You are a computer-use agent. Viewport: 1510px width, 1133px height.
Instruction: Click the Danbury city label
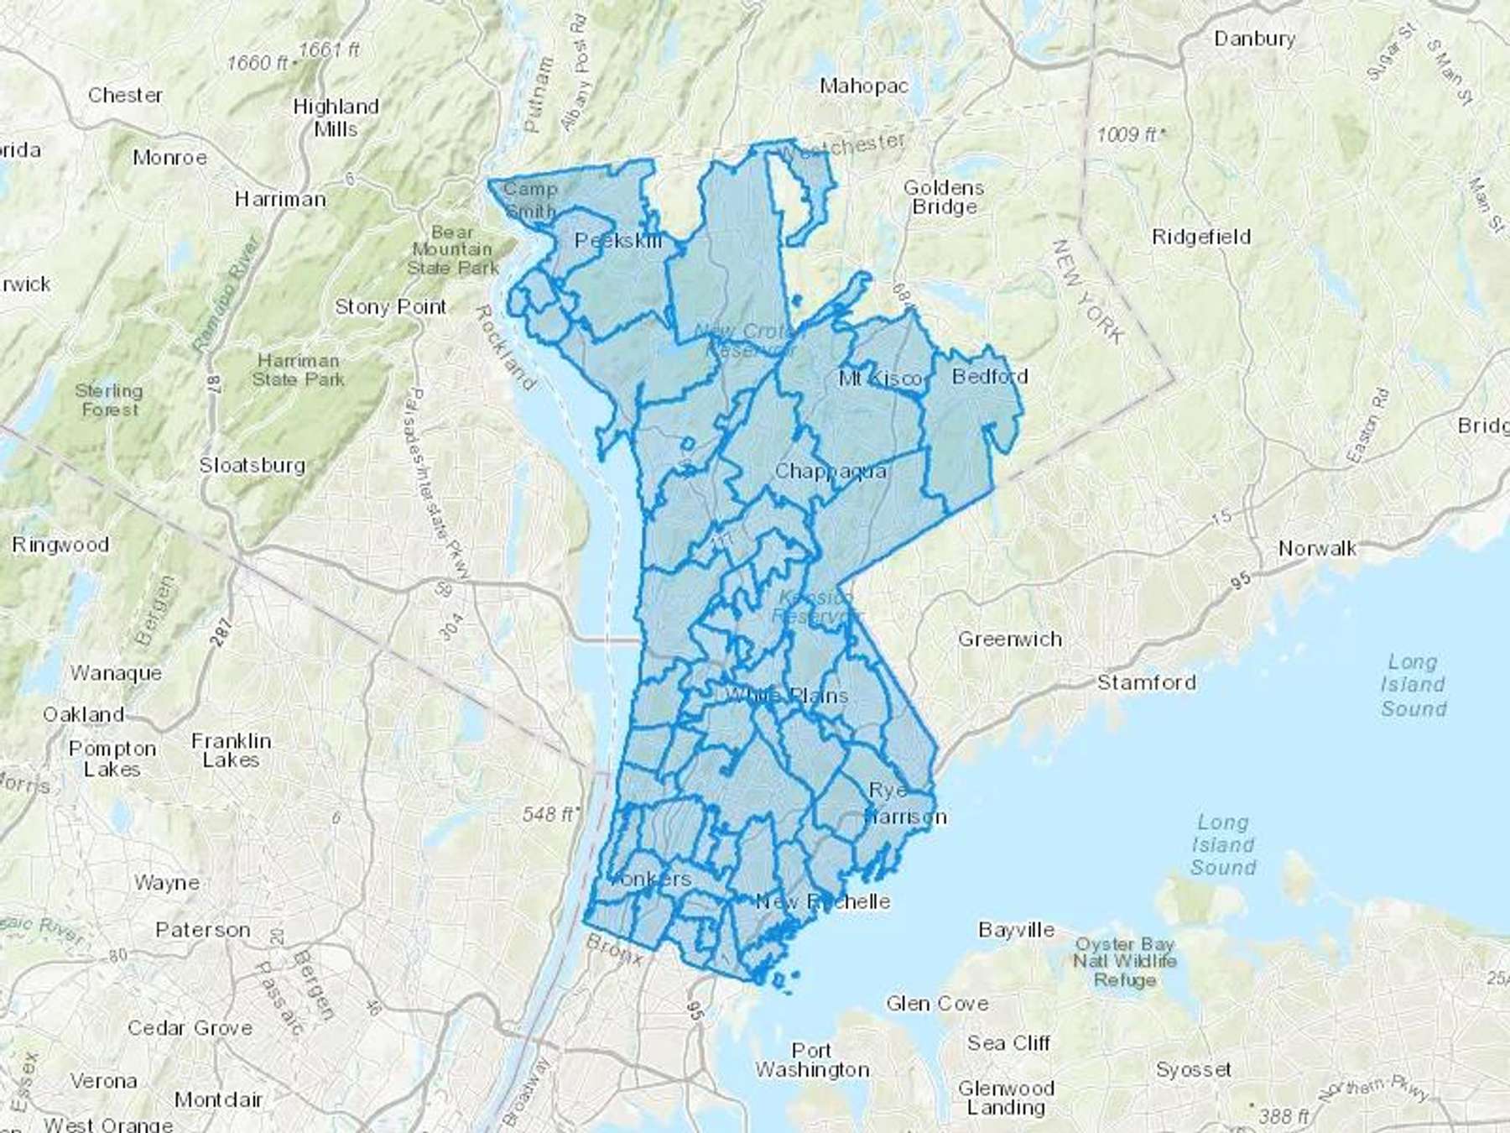pos(1254,39)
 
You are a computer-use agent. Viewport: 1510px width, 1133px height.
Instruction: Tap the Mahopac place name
pos(863,86)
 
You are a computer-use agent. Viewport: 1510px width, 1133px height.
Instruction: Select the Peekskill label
pos(618,241)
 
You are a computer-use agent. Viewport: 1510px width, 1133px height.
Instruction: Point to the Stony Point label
pos(390,306)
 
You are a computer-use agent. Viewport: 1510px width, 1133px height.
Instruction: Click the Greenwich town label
pos(1010,640)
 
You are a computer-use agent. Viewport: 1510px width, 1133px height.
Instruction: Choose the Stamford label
pos(1146,682)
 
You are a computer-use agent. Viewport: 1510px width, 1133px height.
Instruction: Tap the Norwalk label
pos(1316,549)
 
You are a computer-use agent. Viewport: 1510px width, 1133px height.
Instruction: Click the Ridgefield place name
pos(1200,237)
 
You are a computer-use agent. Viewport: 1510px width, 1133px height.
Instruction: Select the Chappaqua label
pos(830,471)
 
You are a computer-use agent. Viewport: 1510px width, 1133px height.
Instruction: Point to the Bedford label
pos(990,376)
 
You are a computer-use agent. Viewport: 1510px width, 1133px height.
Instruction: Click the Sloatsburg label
pos(252,465)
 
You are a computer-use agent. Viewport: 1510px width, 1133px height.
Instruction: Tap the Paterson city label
pos(203,930)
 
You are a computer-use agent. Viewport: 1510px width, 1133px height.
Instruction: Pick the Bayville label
pos(1016,930)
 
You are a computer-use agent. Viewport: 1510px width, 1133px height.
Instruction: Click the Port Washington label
pos(812,1060)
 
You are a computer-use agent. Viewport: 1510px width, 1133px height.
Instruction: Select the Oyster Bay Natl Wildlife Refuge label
pos(1125,962)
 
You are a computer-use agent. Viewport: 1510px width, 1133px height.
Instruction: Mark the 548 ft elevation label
pos(549,814)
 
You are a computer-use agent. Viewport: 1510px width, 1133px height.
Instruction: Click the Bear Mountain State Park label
pos(453,250)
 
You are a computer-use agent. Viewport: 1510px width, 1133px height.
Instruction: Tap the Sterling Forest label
pos(109,400)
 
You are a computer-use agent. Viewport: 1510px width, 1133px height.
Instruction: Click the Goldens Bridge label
pos(944,197)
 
